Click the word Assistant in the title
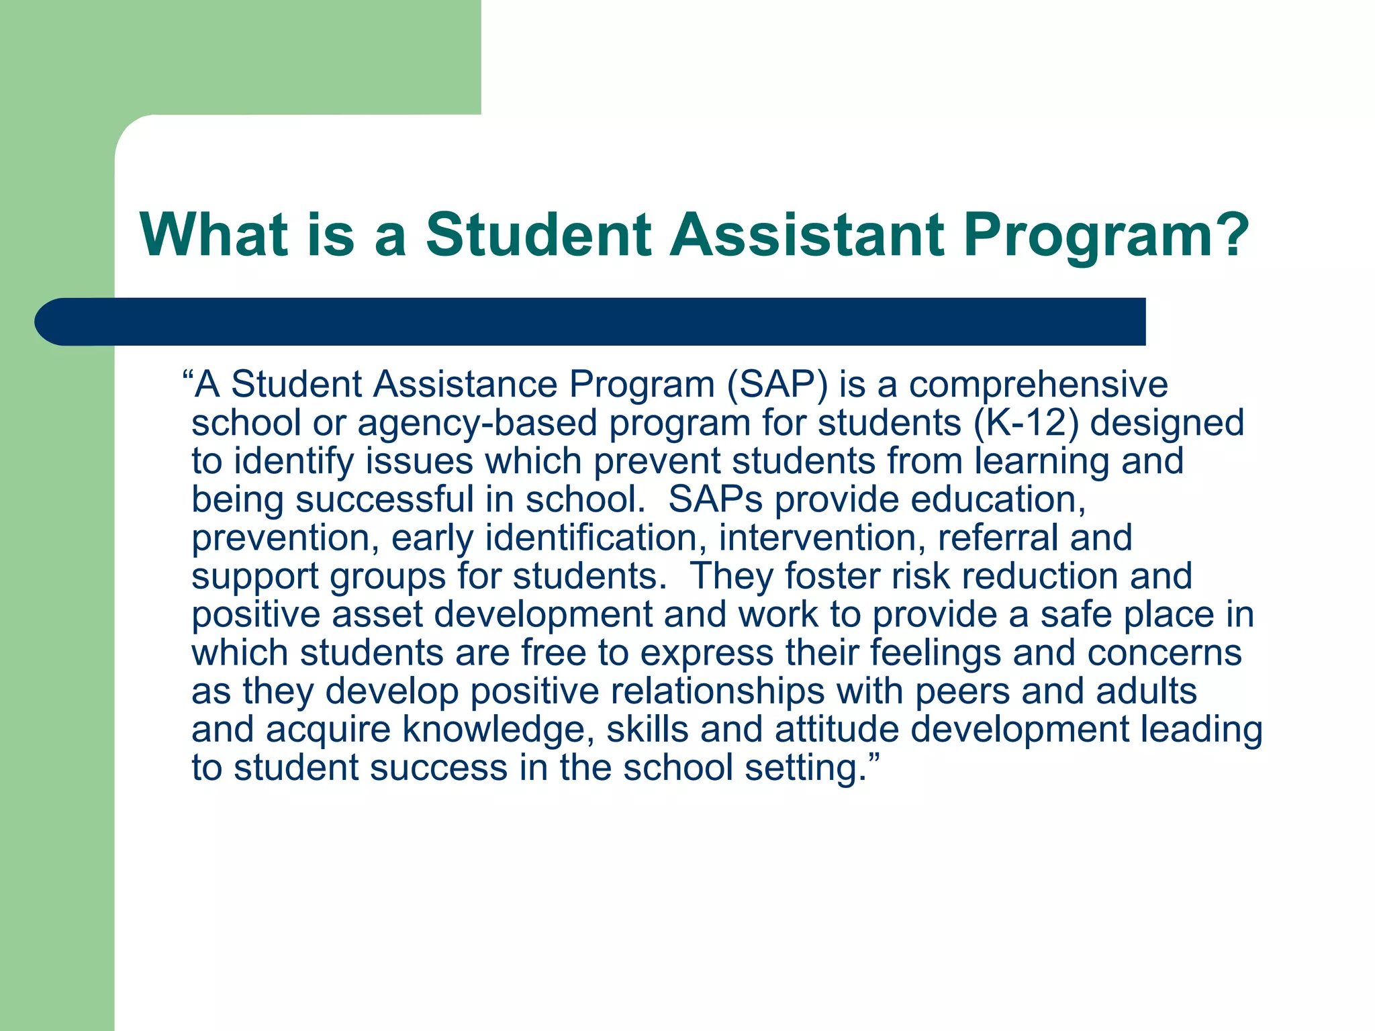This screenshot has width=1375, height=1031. pos(807,234)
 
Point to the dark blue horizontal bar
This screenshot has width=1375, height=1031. pos(591,322)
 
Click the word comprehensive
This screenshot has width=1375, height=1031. pos(1038,385)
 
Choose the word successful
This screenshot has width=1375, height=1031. pos(399,500)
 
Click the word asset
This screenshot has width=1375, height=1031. pos(377,615)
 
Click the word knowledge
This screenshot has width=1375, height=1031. pos(497,730)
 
